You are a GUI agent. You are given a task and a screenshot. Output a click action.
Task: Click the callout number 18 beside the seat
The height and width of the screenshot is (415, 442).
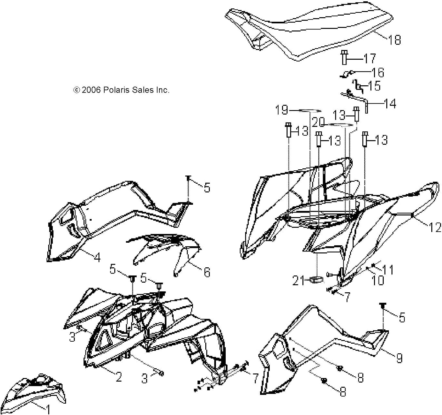pyautogui.click(x=394, y=40)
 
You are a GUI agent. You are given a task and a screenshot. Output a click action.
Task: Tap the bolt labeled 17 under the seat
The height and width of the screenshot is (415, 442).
pyautogui.click(x=344, y=58)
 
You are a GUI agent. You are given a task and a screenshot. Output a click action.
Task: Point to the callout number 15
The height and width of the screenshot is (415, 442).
pyautogui.click(x=374, y=86)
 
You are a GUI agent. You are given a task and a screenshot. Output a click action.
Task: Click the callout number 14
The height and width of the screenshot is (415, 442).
pyautogui.click(x=390, y=104)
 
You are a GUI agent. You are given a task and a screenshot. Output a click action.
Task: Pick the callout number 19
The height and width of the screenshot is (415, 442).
pyautogui.click(x=281, y=110)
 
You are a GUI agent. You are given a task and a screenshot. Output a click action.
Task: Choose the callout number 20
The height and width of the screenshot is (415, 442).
pyautogui.click(x=318, y=123)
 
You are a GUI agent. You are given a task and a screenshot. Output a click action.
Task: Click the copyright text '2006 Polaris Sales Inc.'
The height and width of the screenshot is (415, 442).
pyautogui.click(x=121, y=90)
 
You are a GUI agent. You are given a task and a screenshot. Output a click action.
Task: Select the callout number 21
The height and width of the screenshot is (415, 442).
pyautogui.click(x=299, y=280)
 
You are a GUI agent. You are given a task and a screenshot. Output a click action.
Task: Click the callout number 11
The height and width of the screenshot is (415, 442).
pyautogui.click(x=388, y=270)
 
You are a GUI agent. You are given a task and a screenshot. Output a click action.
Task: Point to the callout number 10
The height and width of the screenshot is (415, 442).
pyautogui.click(x=377, y=280)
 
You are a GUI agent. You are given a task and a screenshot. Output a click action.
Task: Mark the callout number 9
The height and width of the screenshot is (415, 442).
pyautogui.click(x=399, y=358)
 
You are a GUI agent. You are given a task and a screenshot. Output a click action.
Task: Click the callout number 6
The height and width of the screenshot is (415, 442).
pyautogui.click(x=207, y=272)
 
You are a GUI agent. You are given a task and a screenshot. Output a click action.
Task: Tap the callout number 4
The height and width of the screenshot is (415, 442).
pyautogui.click(x=97, y=257)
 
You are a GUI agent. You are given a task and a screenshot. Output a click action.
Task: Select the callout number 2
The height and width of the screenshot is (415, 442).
pyautogui.click(x=119, y=376)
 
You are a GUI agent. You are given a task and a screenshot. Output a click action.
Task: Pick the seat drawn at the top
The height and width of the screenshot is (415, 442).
pyautogui.click(x=308, y=32)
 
